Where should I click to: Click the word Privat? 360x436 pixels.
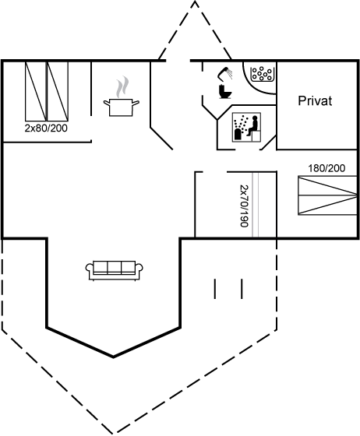[315, 100]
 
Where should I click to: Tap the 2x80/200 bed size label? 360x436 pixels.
[46, 128]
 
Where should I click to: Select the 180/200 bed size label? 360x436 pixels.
[326, 168]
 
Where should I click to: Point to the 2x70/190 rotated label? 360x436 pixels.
[244, 206]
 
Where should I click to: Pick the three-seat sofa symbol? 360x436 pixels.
[114, 270]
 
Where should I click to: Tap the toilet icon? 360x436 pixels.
[224, 91]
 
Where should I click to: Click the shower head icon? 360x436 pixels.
[225, 73]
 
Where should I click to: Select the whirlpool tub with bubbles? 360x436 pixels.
[262, 74]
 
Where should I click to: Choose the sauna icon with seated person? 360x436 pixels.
[247, 127]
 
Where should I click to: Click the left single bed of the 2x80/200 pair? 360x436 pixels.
[36, 92]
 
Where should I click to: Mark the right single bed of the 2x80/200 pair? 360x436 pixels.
[58, 92]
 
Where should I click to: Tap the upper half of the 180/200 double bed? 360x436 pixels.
[327, 185]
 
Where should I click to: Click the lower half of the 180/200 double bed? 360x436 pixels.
[327, 205]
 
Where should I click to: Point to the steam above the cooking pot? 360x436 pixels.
[122, 86]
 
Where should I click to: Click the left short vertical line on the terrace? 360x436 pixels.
[215, 289]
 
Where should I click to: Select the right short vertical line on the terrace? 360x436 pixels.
[242, 289]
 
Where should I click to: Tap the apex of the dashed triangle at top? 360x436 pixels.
[195, 1]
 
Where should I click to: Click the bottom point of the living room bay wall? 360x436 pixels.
[113, 357]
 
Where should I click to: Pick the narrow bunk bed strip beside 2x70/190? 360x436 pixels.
[256, 205]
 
